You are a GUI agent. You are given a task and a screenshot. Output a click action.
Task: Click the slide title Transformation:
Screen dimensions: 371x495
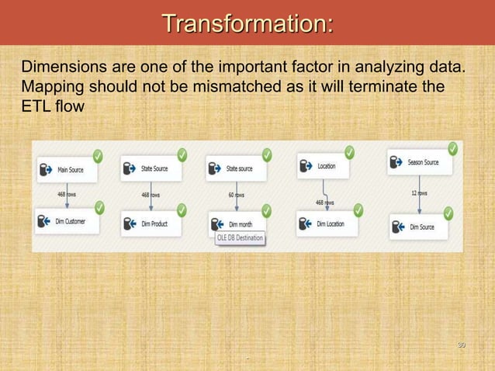tap(247, 23)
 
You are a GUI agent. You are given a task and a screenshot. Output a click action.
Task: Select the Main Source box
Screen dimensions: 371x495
tap(67, 170)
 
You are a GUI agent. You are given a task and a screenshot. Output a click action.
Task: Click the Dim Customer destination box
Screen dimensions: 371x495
tap(67, 222)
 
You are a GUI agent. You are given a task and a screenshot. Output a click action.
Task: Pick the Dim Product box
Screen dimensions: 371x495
tap(151, 224)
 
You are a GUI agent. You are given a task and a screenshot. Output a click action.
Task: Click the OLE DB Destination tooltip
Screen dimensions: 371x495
tap(240, 238)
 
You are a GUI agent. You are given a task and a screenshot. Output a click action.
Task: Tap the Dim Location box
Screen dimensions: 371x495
tap(325, 224)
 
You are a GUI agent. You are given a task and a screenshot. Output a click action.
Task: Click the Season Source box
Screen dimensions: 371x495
tap(420, 163)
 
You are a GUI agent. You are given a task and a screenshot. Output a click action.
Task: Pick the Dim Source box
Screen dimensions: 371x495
tap(420, 227)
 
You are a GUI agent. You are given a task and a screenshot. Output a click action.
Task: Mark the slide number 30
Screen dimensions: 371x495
tap(461, 344)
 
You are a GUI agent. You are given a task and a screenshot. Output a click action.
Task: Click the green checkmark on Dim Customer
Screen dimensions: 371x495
tap(99, 207)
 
